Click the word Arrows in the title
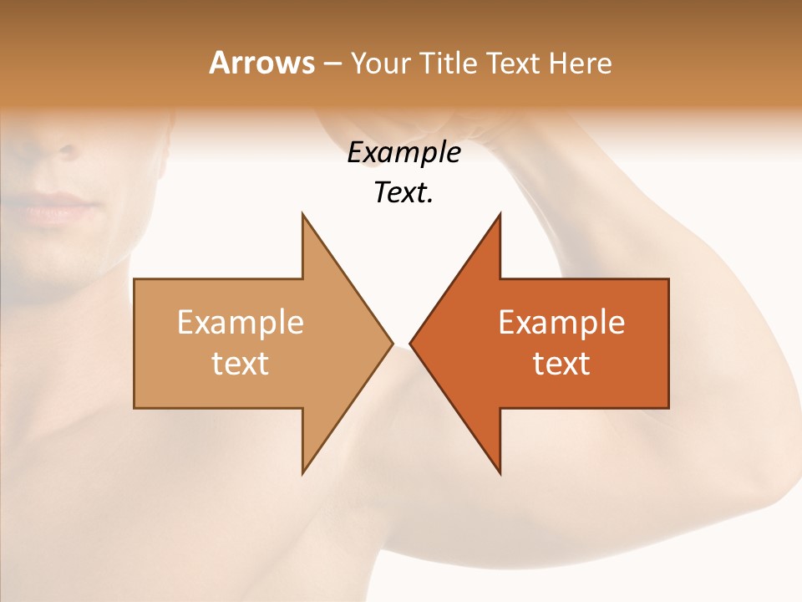(261, 63)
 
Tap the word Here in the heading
(580, 63)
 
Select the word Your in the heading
(381, 63)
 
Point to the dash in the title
(332, 64)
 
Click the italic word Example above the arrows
(404, 152)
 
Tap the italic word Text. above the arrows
(404, 192)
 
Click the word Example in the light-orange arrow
(241, 322)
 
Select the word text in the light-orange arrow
(241, 363)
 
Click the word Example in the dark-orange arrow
(561, 322)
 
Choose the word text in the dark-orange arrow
(561, 363)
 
